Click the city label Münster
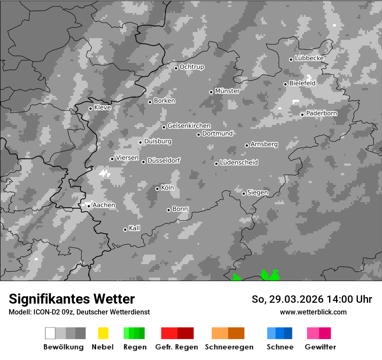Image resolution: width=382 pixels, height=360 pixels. click(x=227, y=91)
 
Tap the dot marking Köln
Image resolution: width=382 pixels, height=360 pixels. click(x=157, y=189)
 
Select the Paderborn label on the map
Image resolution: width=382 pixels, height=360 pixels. click(x=321, y=114)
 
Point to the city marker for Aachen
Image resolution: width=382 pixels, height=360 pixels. click(x=89, y=206)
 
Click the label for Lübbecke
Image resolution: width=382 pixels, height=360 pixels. click(x=309, y=58)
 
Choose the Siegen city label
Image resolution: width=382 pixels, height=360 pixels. click(x=257, y=193)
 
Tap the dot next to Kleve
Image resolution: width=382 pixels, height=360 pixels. click(x=90, y=108)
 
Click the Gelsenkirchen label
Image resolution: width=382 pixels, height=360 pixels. click(x=189, y=126)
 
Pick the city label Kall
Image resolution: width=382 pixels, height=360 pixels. click(x=134, y=228)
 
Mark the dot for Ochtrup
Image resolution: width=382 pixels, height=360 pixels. click(x=176, y=68)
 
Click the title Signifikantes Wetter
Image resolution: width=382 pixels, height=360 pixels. click(x=72, y=299)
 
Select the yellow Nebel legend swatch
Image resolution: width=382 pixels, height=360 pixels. click(x=103, y=333)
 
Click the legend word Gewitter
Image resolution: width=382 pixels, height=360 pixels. click(x=320, y=347)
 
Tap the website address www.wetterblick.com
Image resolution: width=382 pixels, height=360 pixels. click(x=313, y=312)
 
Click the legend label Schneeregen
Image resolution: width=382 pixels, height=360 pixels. click(x=229, y=347)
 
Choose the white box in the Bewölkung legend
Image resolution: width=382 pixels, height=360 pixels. click(x=50, y=333)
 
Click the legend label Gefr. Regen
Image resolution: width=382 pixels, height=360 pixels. click(x=176, y=347)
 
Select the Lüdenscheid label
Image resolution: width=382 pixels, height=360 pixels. click(x=239, y=163)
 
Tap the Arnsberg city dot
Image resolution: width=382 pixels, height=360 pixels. click(x=247, y=145)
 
